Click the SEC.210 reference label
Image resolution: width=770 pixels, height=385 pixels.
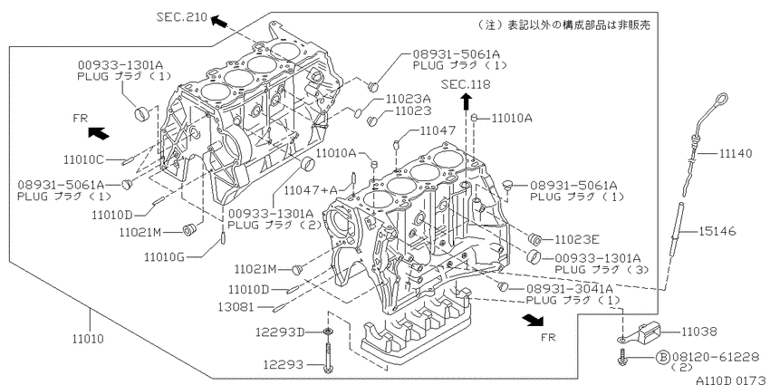point(182,17)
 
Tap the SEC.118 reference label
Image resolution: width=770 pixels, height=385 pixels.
point(466,84)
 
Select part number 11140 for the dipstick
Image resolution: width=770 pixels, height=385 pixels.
point(736,154)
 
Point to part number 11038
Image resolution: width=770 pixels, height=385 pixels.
point(698,332)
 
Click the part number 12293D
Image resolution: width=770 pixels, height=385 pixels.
point(280,332)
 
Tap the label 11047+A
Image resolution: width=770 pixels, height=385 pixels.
point(312,190)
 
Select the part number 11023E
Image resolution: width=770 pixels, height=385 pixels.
point(577,240)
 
